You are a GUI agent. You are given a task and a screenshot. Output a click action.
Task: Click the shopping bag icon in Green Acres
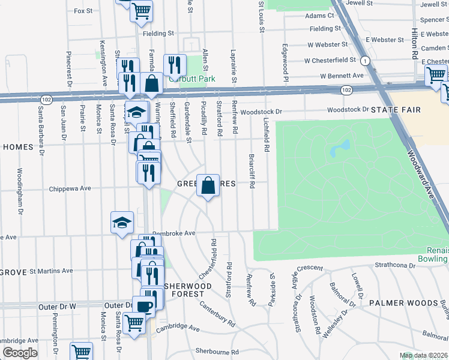(208, 185)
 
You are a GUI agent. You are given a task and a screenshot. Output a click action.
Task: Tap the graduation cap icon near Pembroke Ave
(122, 222)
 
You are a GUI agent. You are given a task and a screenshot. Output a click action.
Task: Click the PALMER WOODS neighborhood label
(403, 303)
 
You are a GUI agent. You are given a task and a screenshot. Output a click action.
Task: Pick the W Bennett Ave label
(342, 76)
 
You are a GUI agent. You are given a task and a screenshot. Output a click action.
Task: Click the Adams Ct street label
(319, 16)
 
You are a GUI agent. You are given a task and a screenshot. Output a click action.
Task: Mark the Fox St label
(83, 11)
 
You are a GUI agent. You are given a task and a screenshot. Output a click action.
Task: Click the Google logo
(20, 353)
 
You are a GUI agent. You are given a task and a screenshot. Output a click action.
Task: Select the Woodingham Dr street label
(20, 199)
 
